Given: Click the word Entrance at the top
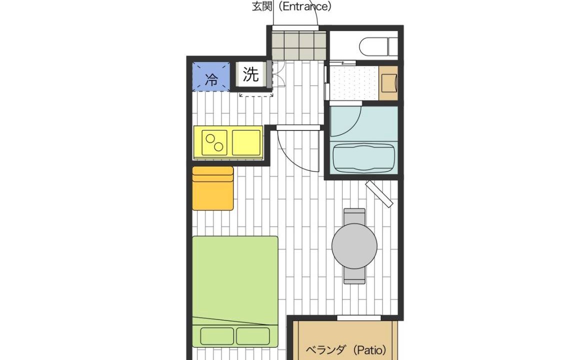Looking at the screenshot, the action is pyautogui.click(x=304, y=6).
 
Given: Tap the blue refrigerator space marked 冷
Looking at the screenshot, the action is pyautogui.click(x=211, y=76).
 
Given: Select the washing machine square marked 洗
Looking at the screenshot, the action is pyautogui.click(x=251, y=74).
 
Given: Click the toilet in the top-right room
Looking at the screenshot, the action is pyautogui.click(x=378, y=46).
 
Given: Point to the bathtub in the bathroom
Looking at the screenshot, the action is pyautogui.click(x=363, y=157).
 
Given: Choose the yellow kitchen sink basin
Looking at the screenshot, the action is pyautogui.click(x=246, y=142).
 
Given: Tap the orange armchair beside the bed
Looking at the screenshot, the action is pyautogui.click(x=212, y=188).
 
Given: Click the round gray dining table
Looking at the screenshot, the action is pyautogui.click(x=354, y=246).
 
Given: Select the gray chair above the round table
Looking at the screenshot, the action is pyautogui.click(x=354, y=216).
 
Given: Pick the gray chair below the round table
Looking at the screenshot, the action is pyautogui.click(x=354, y=275).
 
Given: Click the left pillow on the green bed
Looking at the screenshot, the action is pyautogui.click(x=217, y=336).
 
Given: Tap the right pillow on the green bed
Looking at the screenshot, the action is pyautogui.click(x=252, y=336).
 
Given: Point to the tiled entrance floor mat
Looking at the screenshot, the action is pyautogui.click(x=299, y=45).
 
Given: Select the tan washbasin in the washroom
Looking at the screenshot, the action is pyautogui.click(x=388, y=82).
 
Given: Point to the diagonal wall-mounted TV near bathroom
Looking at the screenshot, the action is pyautogui.click(x=379, y=193).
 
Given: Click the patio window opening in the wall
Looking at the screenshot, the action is pyautogui.click(x=353, y=318).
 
